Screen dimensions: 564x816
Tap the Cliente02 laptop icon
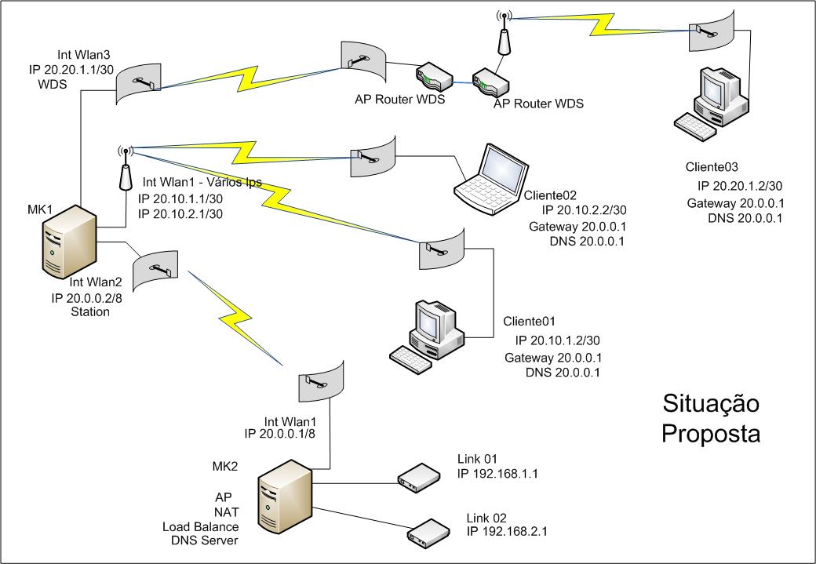point(488,180)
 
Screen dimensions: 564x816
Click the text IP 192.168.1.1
point(502,474)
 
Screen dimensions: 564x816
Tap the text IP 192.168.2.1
point(507,531)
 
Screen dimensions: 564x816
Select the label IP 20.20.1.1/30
point(69,69)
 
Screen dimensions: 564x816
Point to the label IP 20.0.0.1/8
point(279,433)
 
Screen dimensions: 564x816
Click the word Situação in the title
point(711,404)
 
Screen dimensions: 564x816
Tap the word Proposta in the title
point(711,433)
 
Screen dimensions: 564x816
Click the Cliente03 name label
point(712,167)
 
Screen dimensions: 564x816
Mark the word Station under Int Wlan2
point(89,311)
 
